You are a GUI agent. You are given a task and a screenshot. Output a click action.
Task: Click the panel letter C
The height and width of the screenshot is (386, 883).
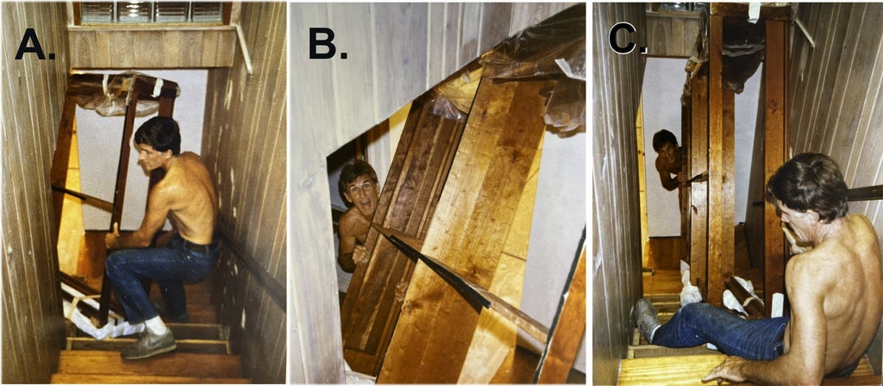point(628,39)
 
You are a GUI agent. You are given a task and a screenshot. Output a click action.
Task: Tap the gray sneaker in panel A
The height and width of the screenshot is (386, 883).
point(148,342)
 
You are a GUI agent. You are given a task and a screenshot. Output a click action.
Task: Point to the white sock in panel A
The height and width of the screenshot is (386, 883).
point(155,325)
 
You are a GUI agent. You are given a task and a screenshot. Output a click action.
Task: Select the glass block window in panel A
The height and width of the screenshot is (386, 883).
point(152,12)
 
